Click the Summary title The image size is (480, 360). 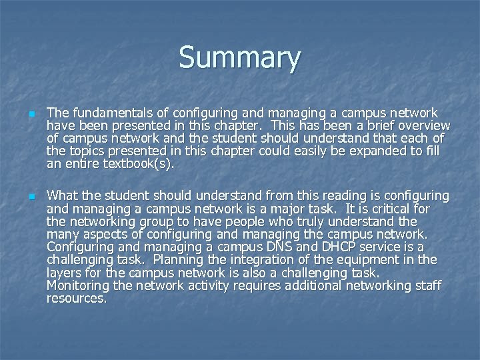click(x=239, y=59)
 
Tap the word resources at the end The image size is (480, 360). click(x=75, y=298)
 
